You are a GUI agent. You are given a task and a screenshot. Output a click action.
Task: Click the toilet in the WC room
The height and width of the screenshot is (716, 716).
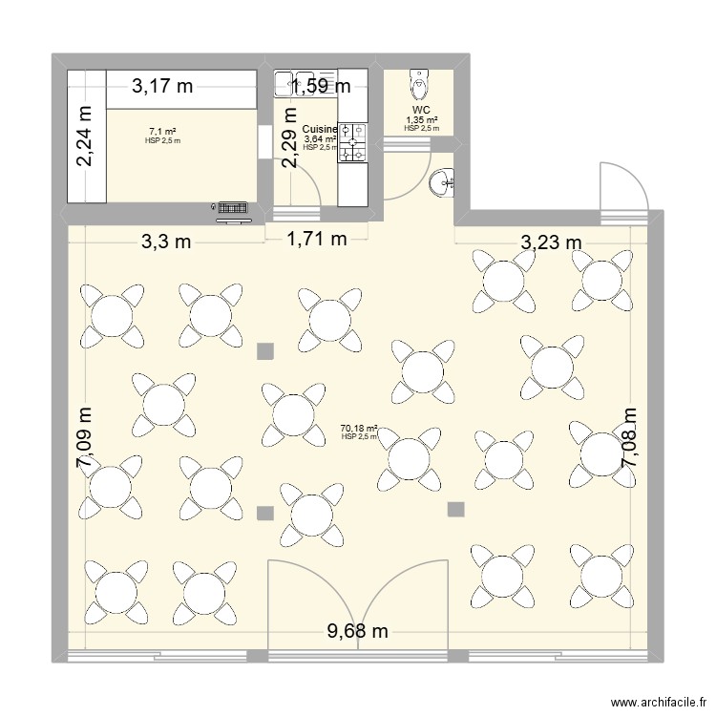418,87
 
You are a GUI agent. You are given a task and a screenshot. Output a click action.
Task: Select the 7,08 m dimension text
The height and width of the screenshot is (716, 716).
629,437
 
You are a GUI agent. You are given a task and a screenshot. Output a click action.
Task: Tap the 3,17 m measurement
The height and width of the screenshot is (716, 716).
162,86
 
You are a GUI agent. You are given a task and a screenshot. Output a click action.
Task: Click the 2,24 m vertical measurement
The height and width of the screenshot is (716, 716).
85,136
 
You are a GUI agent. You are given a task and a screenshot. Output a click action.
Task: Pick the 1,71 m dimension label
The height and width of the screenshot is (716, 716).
317,240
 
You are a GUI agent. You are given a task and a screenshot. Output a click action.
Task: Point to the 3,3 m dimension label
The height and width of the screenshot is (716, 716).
166,242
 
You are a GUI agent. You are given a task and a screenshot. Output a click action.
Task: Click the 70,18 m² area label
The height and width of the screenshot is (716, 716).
359,430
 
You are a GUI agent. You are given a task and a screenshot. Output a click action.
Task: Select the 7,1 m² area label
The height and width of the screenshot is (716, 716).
162,132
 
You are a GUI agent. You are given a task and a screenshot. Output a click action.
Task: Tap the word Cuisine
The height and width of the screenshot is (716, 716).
318,130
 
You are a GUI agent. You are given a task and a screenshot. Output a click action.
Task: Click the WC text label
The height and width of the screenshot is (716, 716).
421,111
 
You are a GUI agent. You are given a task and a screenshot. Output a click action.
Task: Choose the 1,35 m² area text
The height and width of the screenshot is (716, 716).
421,120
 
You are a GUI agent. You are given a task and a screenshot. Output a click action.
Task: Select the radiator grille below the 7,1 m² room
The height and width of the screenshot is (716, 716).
233,206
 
